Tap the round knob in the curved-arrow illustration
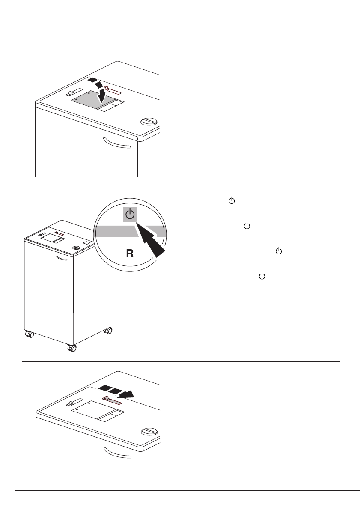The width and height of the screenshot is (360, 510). (149, 122)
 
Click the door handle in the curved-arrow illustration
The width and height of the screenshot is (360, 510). (117, 143)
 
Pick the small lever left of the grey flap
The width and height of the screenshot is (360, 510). (74, 92)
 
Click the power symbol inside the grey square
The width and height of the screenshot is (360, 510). (130, 215)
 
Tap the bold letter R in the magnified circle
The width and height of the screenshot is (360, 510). (130, 254)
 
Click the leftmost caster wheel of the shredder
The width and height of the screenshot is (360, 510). (29, 334)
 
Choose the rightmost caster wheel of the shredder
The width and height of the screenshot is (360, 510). (108, 331)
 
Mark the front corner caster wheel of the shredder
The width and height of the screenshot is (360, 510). (72, 348)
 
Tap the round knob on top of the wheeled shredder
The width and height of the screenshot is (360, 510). (76, 248)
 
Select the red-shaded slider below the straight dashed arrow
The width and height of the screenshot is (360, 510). (112, 400)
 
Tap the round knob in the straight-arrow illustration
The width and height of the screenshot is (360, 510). (149, 432)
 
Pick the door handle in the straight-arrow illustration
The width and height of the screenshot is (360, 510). (117, 453)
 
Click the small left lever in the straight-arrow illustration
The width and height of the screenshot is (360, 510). (75, 403)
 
